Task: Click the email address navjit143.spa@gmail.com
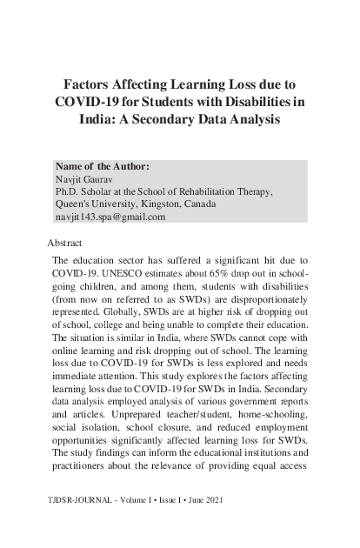[x=110, y=217]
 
